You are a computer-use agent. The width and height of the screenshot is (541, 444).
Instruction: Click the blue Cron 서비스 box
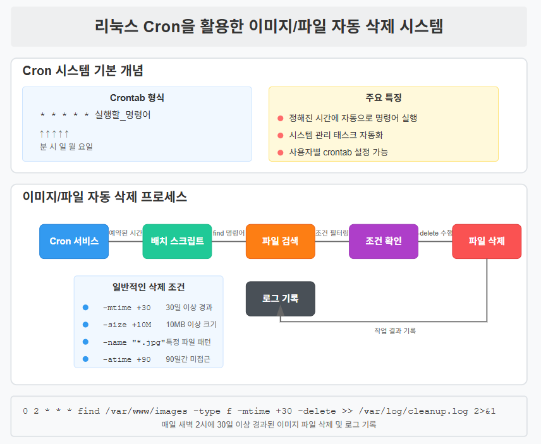tap(74, 241)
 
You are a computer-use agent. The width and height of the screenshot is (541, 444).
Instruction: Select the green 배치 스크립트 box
tap(177, 241)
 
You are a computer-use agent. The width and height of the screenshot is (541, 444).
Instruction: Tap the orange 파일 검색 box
tap(280, 241)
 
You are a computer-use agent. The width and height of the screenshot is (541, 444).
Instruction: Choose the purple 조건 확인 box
tap(384, 241)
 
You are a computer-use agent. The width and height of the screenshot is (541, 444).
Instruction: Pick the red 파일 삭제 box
tap(487, 241)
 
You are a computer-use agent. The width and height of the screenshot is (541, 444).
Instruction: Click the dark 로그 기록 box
tap(280, 299)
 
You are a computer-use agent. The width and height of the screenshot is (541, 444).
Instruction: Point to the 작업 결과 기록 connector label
tap(395, 331)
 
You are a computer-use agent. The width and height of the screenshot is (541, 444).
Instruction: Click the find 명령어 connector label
tap(229, 234)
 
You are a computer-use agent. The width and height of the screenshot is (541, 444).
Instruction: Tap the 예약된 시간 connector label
tap(126, 234)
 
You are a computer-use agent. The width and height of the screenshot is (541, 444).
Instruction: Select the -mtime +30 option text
tap(127, 308)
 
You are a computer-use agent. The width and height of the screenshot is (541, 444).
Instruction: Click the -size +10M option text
tap(127, 325)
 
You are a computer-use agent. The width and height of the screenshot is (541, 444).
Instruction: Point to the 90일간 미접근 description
tap(188, 359)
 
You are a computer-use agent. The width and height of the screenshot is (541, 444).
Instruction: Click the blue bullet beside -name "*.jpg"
tap(85, 342)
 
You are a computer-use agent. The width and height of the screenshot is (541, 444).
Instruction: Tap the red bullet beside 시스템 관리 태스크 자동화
tap(281, 136)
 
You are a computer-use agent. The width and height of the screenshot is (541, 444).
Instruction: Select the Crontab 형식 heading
tap(137, 98)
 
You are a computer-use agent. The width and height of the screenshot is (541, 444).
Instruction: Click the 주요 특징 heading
tap(384, 98)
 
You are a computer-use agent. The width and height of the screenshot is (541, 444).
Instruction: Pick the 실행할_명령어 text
tap(123, 115)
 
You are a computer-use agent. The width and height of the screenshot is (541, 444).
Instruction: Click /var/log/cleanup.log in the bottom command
tap(413, 411)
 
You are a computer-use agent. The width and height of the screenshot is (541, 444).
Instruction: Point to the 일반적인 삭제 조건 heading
tap(149, 287)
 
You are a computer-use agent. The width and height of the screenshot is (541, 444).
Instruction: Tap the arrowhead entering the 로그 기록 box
tap(281, 310)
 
